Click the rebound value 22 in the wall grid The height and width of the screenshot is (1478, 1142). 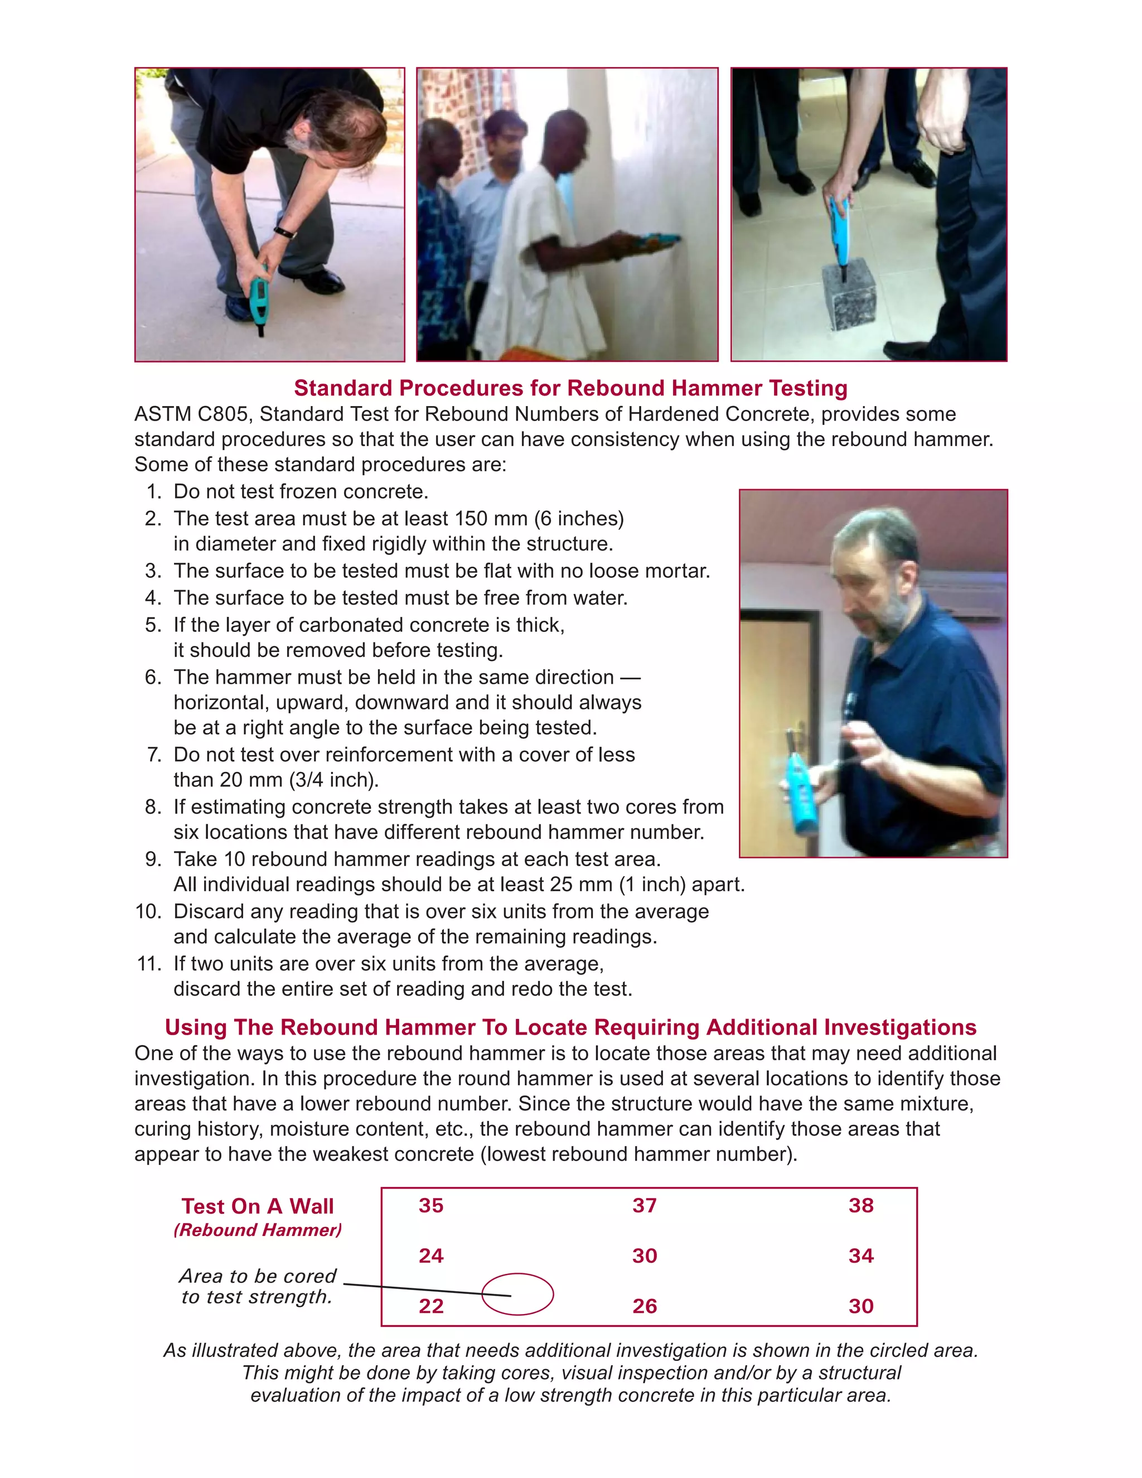tap(431, 1306)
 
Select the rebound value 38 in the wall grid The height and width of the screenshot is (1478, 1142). tap(860, 1205)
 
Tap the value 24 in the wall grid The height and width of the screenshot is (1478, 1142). tap(431, 1256)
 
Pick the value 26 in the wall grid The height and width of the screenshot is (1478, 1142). tap(645, 1306)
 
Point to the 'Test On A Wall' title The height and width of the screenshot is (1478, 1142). tap(258, 1206)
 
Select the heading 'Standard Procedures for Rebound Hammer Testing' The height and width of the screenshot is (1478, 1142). tap(570, 388)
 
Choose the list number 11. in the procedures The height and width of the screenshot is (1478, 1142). tap(149, 964)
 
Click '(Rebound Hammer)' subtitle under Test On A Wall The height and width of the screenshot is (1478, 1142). tap(258, 1230)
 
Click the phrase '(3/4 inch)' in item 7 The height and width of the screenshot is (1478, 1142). tap(330, 780)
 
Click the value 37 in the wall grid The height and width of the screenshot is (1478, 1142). tap(645, 1205)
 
